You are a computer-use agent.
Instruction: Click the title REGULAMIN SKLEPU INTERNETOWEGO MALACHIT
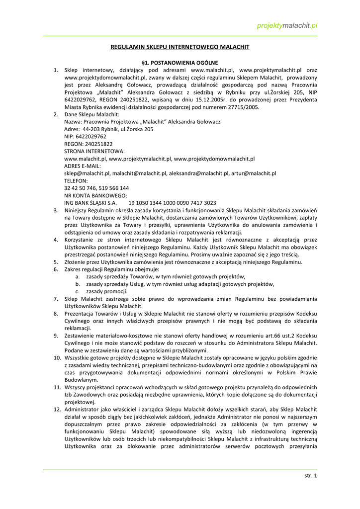180,47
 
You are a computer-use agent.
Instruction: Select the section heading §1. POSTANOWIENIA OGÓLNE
180,63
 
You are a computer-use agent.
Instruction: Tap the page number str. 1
310,476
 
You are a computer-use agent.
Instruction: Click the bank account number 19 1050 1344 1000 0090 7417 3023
172,203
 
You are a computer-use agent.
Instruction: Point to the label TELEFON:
76,181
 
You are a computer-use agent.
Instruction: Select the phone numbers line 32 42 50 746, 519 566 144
96,188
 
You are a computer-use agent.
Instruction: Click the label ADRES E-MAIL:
83,166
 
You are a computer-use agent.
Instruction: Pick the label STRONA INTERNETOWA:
94,151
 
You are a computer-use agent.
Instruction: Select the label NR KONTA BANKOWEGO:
95,195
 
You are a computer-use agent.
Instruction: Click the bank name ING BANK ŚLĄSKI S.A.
90,203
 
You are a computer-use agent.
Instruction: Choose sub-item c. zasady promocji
100,291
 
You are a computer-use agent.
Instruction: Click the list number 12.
57,409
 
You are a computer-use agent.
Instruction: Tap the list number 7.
57,299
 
